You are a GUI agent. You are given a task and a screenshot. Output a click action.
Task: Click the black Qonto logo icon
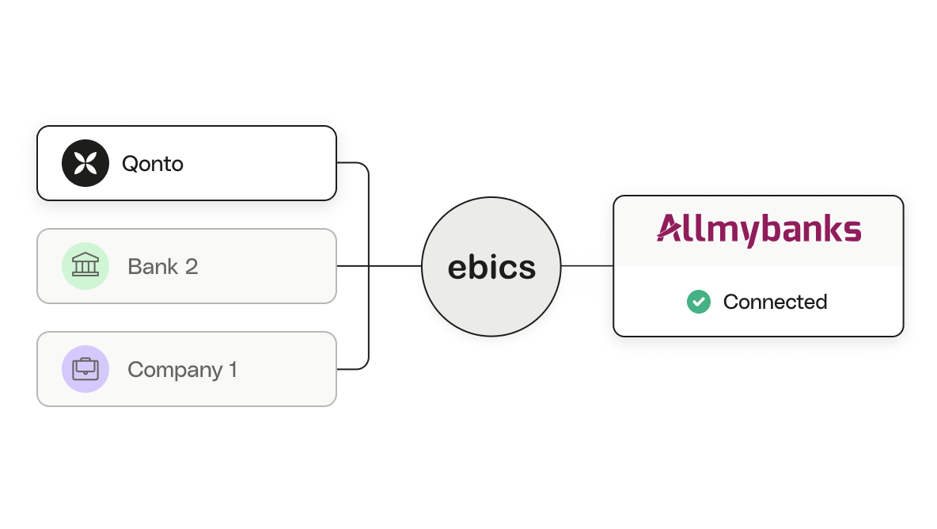tap(85, 163)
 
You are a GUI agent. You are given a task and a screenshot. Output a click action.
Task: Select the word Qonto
tap(153, 164)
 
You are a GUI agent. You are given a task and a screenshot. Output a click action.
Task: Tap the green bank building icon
tap(85, 266)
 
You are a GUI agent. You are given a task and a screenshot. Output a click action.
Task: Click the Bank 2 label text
tap(162, 267)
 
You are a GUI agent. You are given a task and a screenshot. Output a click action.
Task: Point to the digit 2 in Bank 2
tap(192, 267)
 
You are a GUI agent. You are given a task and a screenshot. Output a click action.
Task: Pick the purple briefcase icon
tap(85, 369)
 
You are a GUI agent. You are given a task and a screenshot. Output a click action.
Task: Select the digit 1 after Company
tap(233, 369)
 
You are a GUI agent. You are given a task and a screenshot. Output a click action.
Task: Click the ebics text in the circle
tap(491, 267)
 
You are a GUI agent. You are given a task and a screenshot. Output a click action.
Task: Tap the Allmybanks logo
tap(759, 230)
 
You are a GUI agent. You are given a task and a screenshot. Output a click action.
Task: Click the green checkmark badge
tap(699, 302)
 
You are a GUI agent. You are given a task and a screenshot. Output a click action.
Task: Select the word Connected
tap(775, 302)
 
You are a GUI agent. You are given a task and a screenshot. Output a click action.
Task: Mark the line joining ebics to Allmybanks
tap(587, 266)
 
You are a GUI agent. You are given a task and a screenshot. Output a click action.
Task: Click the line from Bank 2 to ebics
tap(379, 266)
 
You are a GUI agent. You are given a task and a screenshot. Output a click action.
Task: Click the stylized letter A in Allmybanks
tap(670, 228)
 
